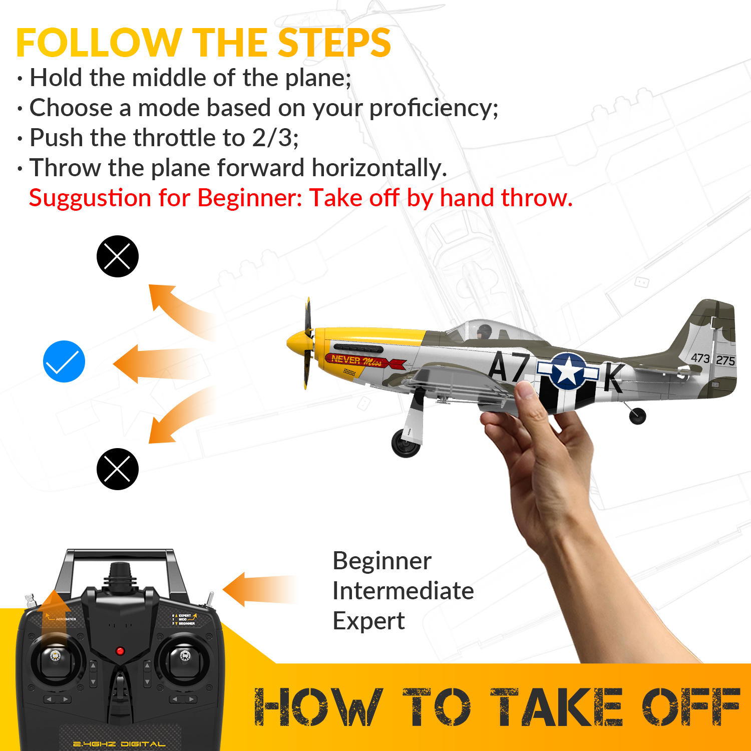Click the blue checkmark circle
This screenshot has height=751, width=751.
tap(64, 361)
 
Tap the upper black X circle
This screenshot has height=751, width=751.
tap(117, 256)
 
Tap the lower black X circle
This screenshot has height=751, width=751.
tap(117, 469)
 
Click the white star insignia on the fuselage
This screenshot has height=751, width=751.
tap(568, 371)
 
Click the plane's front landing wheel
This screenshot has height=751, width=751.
tap(406, 442)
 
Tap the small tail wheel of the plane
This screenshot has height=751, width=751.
tap(637, 416)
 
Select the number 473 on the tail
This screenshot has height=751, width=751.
tap(700, 357)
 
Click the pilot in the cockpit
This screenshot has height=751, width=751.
tap(484, 331)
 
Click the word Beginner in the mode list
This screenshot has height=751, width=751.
tap(382, 561)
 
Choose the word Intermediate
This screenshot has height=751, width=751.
tap(403, 591)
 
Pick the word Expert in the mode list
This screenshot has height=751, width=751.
tap(368, 621)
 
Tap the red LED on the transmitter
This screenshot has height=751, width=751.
tap(120, 651)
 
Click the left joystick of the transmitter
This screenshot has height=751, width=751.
tap(56, 656)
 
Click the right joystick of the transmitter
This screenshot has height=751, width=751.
tap(184, 656)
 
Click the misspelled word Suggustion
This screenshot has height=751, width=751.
tap(90, 198)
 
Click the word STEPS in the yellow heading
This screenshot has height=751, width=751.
tap(334, 43)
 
